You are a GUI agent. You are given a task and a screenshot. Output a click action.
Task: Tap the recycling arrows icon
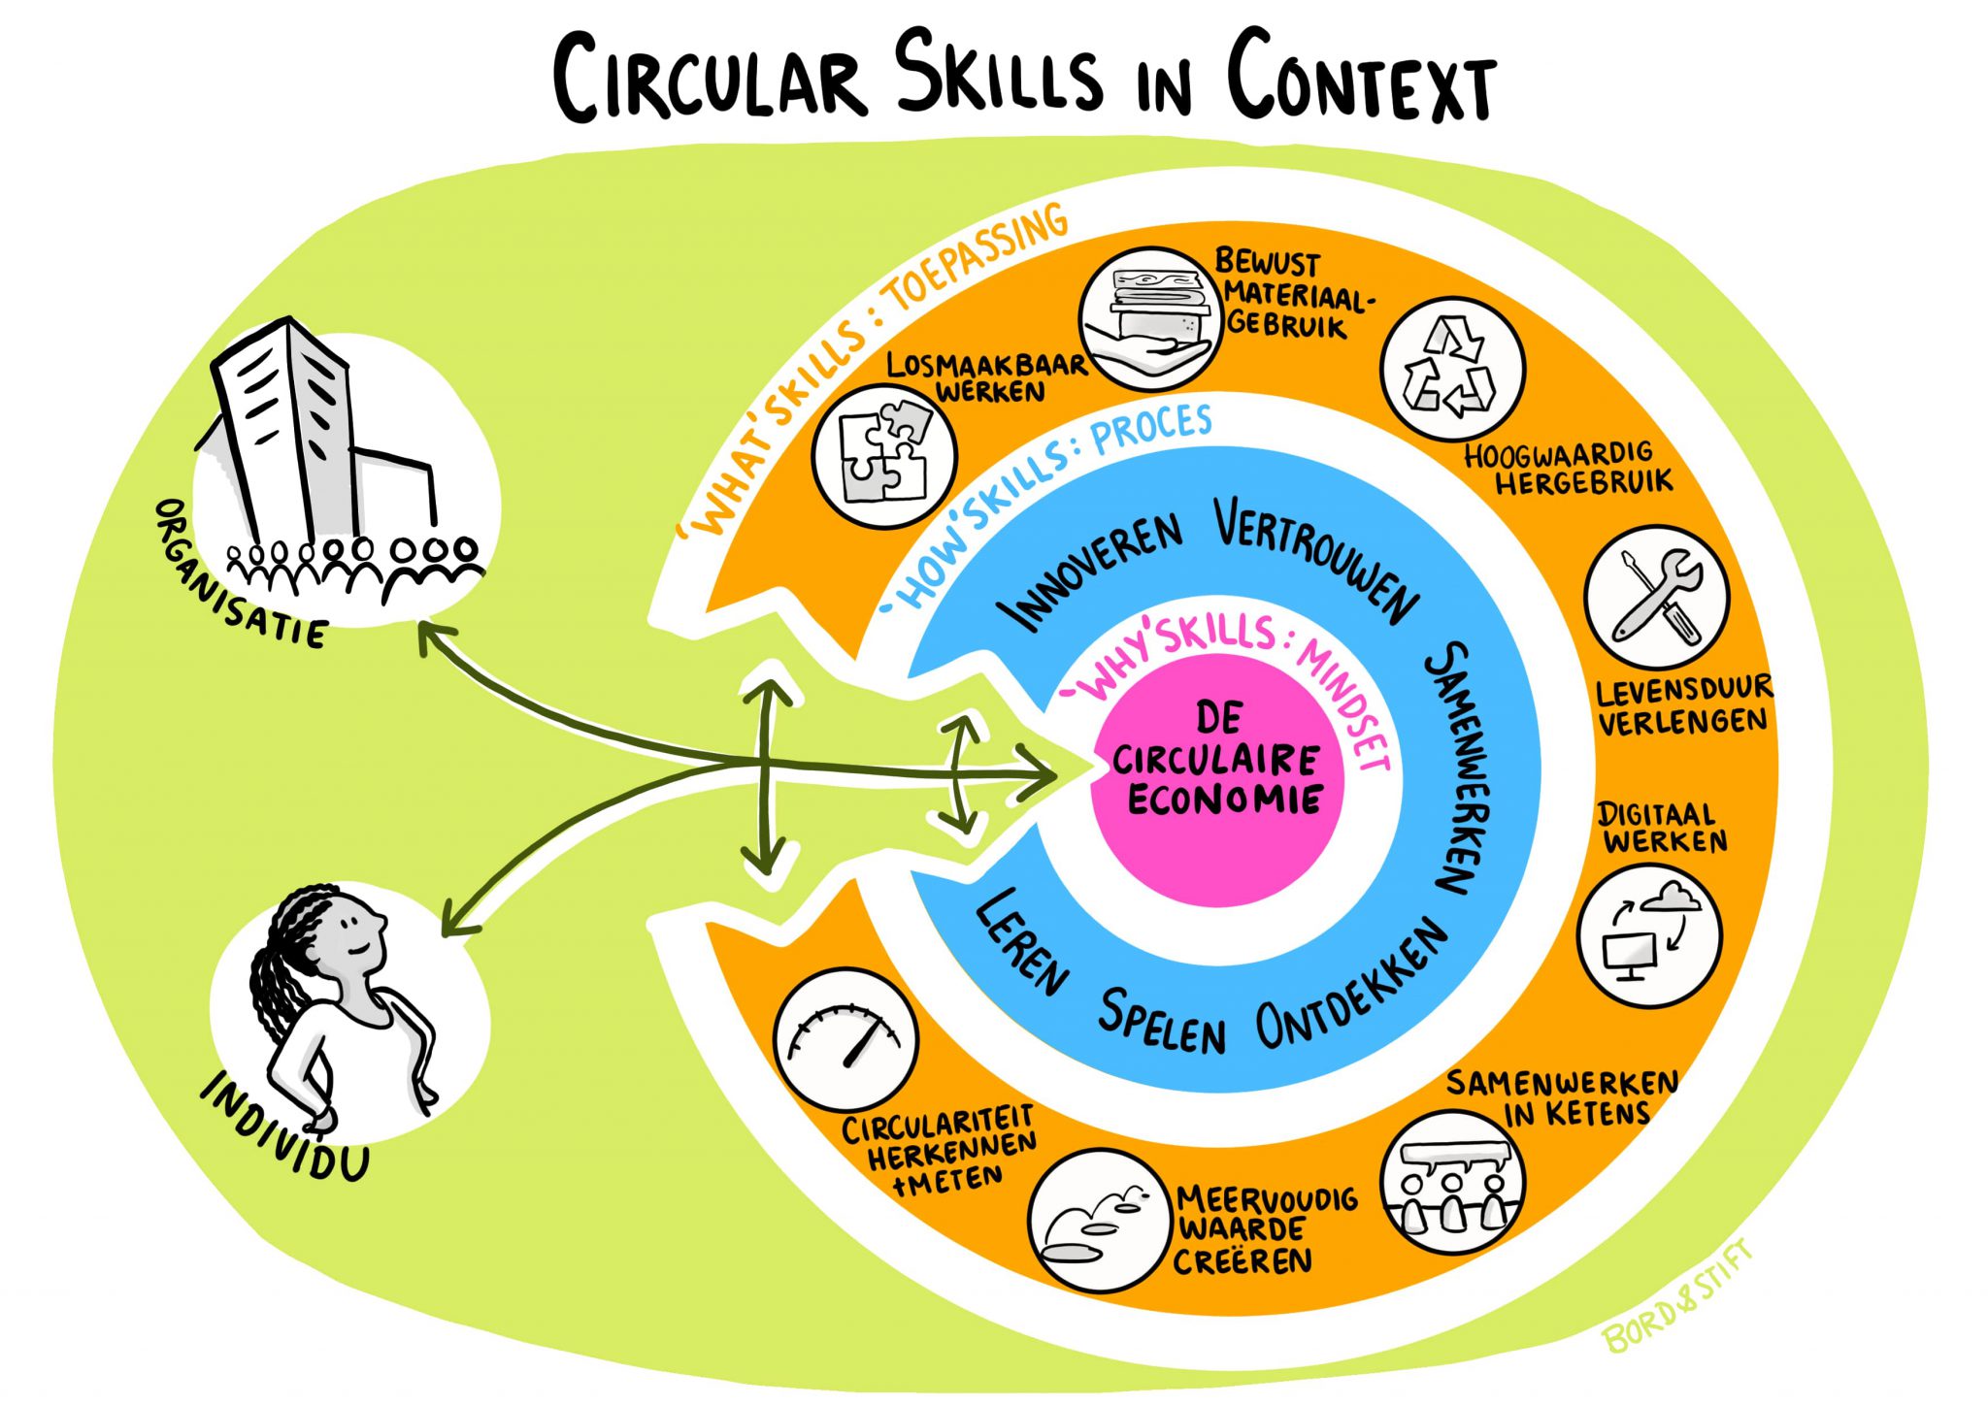pos(1452,370)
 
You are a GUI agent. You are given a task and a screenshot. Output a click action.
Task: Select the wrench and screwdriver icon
pos(1657,596)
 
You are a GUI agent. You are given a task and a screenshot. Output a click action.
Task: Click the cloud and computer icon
pos(1649,935)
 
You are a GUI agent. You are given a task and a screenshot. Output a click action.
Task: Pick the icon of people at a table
pos(1452,1183)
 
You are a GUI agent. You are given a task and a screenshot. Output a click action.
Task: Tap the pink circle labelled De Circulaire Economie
pos(1219,776)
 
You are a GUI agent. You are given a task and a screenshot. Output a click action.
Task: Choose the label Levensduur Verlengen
pos(1683,706)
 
